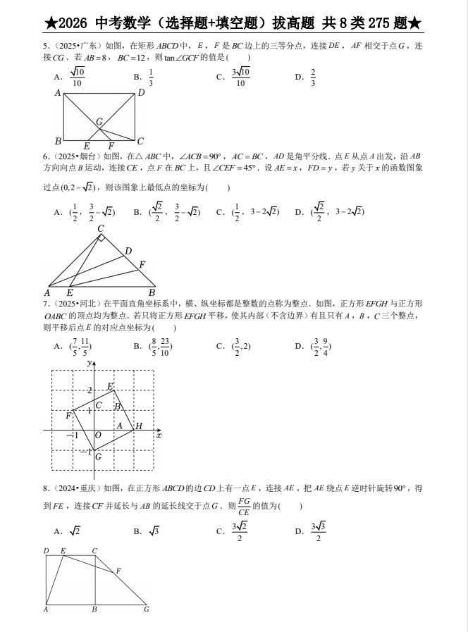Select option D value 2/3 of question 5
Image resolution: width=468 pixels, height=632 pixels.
coord(313,77)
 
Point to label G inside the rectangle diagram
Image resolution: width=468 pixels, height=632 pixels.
coord(100,122)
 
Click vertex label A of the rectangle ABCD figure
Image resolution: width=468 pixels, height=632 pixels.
coord(58,92)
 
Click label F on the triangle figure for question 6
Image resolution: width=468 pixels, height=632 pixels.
coord(142,264)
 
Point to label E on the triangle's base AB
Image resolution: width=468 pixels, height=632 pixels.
coord(69,292)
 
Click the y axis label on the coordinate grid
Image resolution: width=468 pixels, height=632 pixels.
coord(89,362)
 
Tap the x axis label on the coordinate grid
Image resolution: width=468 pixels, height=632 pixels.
coord(159,436)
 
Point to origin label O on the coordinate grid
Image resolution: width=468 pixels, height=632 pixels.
coord(97,435)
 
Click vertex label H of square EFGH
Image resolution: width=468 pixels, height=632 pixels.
coord(139,426)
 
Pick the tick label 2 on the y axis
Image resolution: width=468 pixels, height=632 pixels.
coord(89,390)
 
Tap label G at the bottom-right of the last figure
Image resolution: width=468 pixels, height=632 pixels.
coord(146,609)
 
